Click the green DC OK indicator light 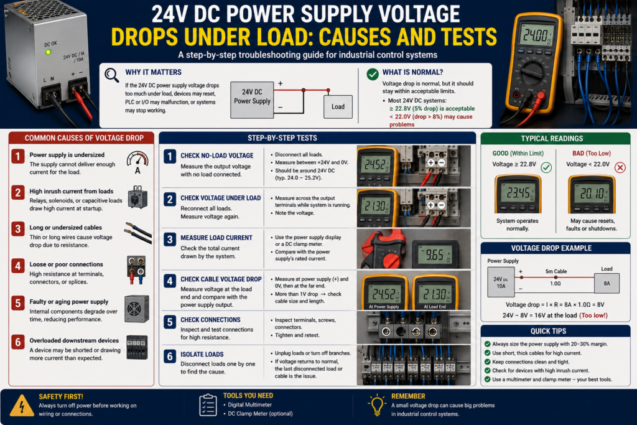(x=48, y=52)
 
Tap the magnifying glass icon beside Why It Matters (x=111, y=75)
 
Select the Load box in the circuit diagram (x=338, y=106)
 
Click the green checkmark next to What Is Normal (x=373, y=74)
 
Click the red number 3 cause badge (x=18, y=229)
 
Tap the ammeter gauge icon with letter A (x=137, y=162)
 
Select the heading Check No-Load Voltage (x=217, y=156)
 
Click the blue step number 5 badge (x=170, y=322)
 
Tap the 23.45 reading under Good (x=518, y=193)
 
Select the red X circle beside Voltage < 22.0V (x=620, y=167)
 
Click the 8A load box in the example (x=607, y=283)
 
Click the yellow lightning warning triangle (x=22, y=406)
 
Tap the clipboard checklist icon (x=208, y=405)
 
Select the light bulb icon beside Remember (x=376, y=404)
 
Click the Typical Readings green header (x=556, y=139)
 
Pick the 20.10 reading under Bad (x=592, y=194)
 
